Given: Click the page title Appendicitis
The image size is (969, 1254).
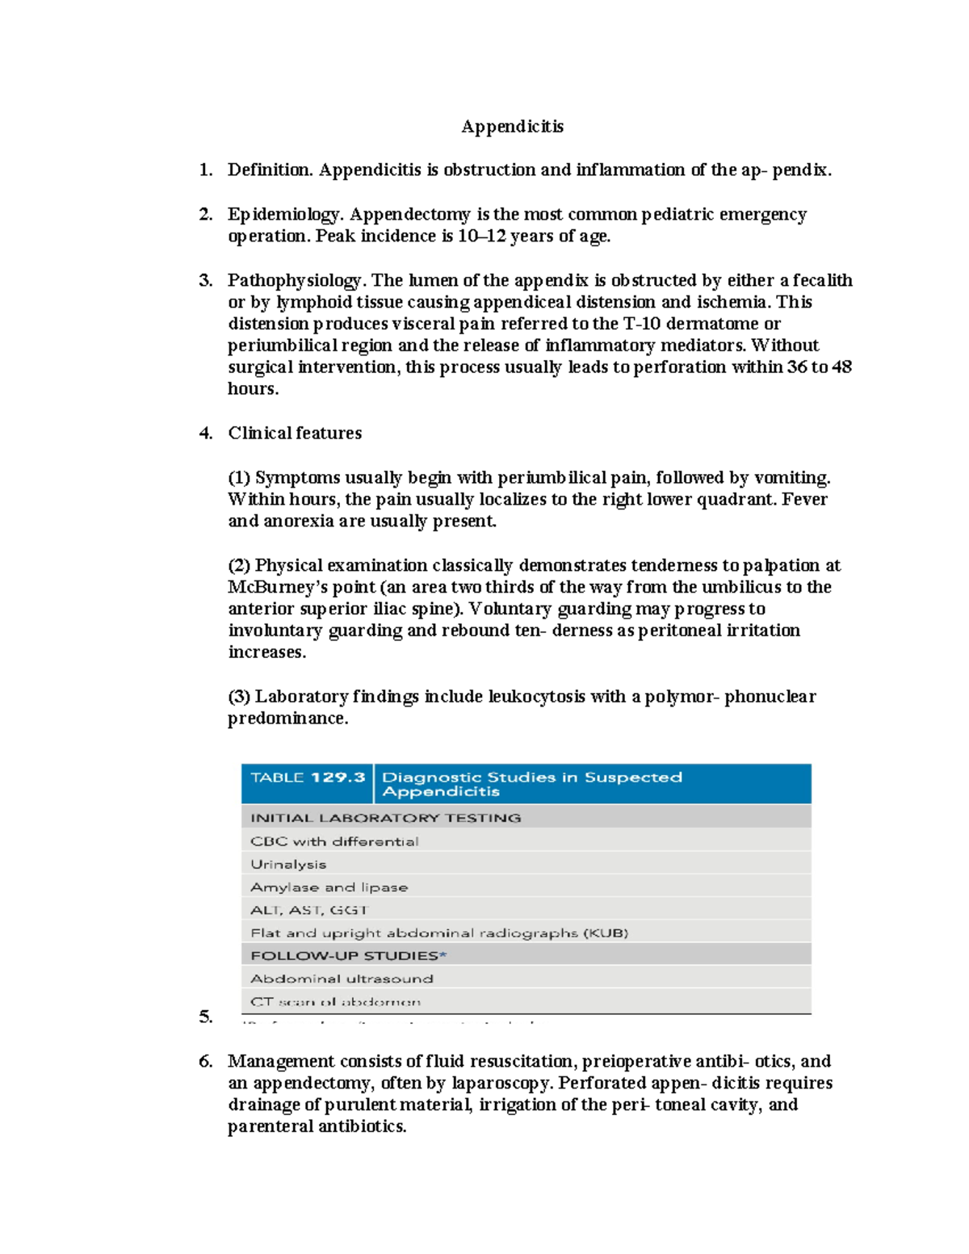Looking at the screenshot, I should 512,126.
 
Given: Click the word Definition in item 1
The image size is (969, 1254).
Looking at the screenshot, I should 270,170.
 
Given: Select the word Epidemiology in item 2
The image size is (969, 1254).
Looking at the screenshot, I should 286,215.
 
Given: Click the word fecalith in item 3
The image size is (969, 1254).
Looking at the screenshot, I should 822,280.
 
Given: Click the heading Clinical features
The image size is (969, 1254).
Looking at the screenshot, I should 295,433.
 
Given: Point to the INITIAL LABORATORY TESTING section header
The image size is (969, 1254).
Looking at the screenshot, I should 385,818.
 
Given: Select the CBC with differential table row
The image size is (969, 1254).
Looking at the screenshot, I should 334,841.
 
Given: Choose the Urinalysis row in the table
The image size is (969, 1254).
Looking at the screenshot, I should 288,864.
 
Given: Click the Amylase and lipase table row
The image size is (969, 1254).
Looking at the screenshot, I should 329,887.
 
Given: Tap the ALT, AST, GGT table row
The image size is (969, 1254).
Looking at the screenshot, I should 309,910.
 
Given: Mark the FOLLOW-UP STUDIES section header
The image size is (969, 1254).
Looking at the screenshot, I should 348,956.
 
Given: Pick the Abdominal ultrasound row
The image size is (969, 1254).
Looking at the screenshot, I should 342,979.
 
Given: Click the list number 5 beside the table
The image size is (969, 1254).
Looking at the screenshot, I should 205,1017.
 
